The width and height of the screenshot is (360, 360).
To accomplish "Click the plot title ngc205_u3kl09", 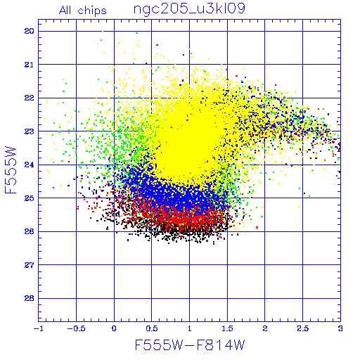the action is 189,9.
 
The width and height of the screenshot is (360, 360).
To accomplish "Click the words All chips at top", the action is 83,11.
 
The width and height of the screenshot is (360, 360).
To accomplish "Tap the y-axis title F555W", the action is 11,170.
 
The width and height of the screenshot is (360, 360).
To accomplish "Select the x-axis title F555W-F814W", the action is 190,345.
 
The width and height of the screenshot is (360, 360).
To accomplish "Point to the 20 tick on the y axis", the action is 30,31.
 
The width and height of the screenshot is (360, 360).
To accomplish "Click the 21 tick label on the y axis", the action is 30,65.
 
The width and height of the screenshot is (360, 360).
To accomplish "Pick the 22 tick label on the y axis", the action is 30,98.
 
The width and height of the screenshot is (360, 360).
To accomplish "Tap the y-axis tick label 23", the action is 30,131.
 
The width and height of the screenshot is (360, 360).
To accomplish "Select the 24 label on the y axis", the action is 30,165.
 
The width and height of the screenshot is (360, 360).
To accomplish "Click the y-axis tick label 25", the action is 30,198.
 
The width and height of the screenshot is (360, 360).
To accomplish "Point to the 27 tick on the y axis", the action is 30,265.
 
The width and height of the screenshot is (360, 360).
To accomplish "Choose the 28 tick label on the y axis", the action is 30,298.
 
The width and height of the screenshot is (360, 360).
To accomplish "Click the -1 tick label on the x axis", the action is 38,328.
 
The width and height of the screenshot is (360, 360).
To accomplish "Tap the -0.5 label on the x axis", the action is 77,328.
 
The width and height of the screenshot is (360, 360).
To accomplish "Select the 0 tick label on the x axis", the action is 114,328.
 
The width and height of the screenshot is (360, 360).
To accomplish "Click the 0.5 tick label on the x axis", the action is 152,328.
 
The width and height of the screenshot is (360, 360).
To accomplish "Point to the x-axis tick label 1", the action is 190,328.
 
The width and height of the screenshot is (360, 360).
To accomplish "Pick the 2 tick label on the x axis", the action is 265,328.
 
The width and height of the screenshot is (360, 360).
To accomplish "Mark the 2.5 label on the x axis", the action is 303,328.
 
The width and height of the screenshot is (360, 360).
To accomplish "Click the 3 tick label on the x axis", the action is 340,328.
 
